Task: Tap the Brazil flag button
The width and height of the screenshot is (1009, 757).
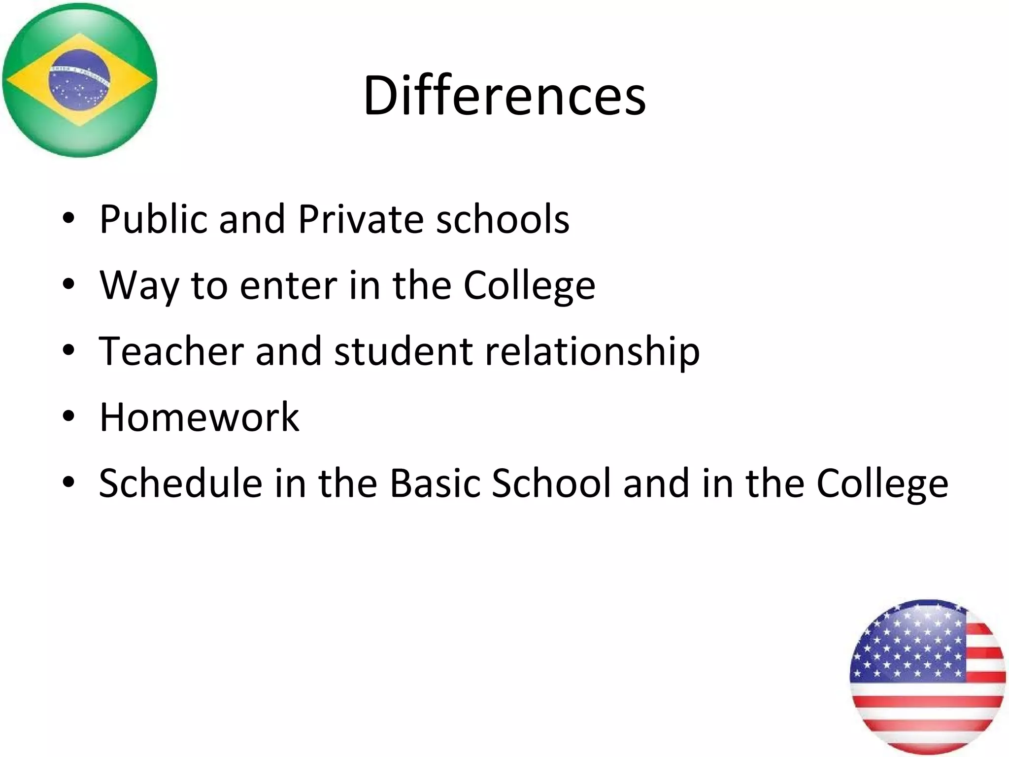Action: click(x=79, y=80)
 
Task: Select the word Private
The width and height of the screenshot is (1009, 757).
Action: click(x=361, y=219)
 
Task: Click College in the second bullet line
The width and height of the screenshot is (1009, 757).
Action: click(x=529, y=286)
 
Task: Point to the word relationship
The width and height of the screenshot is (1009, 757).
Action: click(x=592, y=352)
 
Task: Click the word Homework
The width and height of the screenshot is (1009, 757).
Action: click(x=199, y=417)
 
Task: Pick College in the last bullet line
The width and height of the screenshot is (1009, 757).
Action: click(x=882, y=484)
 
